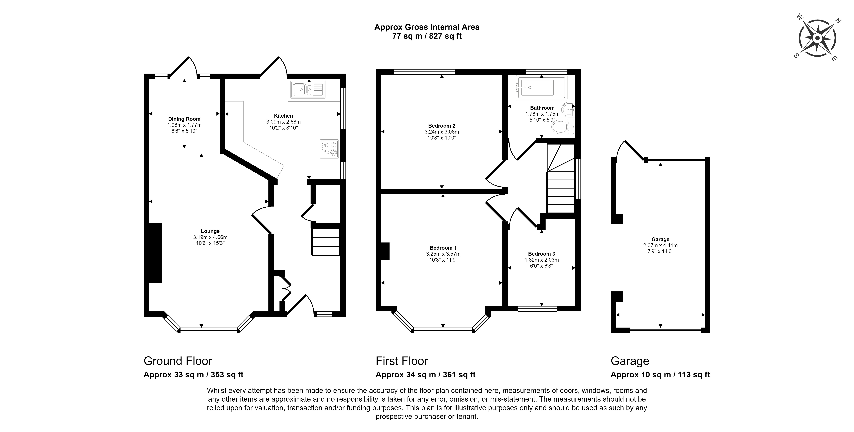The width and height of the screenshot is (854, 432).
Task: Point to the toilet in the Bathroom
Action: pyautogui.click(x=563, y=127)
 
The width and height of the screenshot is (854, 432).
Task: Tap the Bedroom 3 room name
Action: pyautogui.click(x=541, y=254)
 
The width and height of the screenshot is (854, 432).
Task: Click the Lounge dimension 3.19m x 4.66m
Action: pyautogui.click(x=210, y=237)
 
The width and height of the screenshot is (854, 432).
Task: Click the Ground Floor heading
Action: pyautogui.click(x=178, y=361)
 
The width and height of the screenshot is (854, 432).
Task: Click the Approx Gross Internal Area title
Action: pyautogui.click(x=427, y=27)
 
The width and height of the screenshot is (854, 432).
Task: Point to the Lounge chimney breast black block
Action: pyautogui.click(x=155, y=253)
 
